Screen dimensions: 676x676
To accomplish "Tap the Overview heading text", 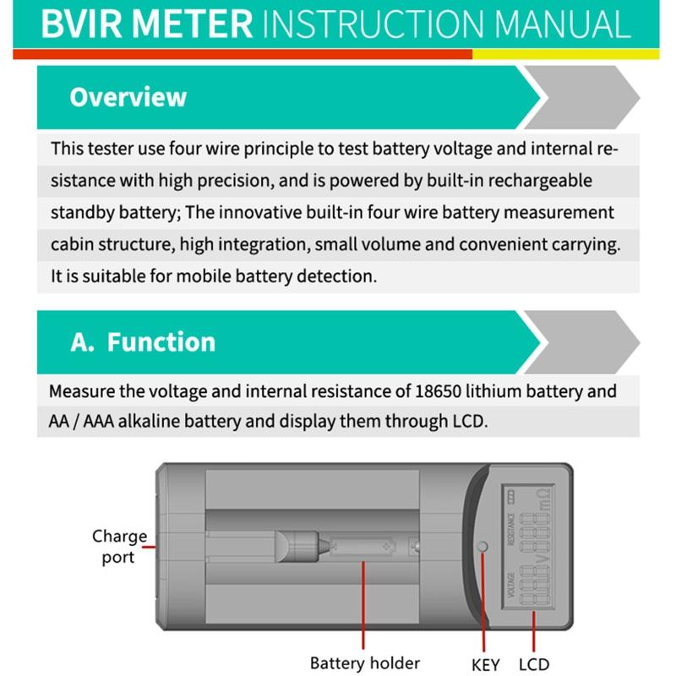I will [128, 96].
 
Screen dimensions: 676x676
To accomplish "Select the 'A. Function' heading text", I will [143, 342].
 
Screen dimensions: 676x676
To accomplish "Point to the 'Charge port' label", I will [119, 547].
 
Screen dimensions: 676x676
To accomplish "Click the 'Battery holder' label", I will [364, 663].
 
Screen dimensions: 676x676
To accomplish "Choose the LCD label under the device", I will [534, 664].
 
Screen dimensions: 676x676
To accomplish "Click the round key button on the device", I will [483, 547].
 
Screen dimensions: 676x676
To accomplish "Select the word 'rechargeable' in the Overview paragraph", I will [541, 181].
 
